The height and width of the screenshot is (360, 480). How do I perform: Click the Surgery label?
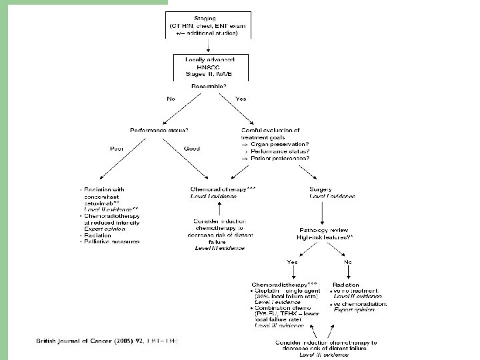point(321,189)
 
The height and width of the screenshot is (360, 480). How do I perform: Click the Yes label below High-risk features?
point(291,262)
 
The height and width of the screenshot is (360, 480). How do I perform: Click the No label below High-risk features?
point(347,262)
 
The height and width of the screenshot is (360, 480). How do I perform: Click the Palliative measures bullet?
point(113,242)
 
